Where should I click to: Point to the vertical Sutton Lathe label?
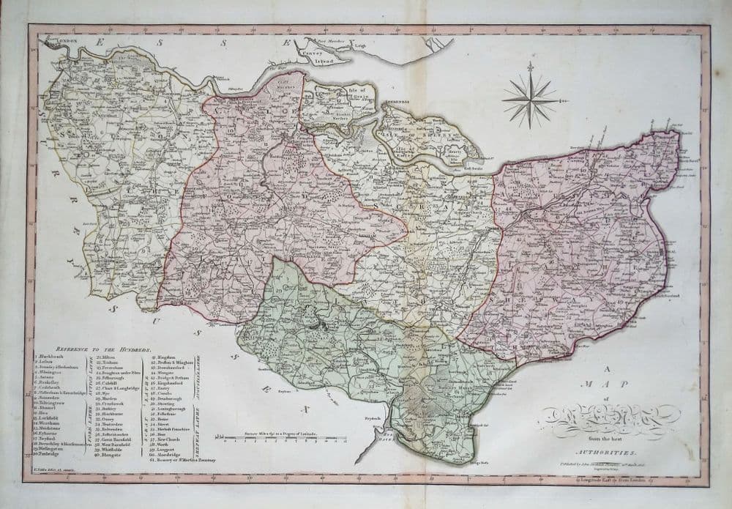coord(90,381)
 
